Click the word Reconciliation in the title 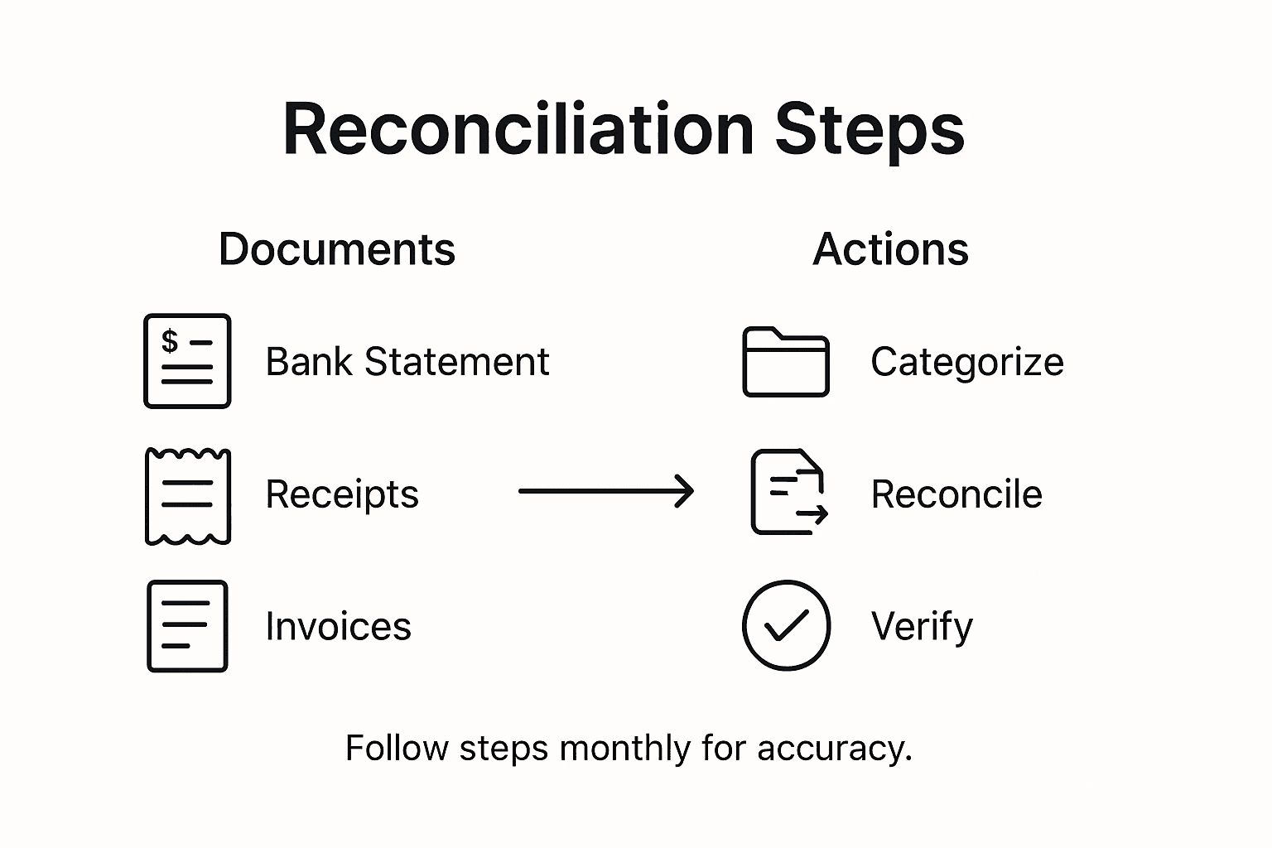[x=518, y=129]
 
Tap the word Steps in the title [x=870, y=129]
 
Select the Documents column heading [x=337, y=249]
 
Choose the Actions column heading [x=890, y=249]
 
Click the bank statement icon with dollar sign [x=187, y=361]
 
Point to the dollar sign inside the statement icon [x=170, y=340]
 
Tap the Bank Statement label [x=407, y=362]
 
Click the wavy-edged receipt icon [x=188, y=496]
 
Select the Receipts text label [x=342, y=494]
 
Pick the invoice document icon [x=187, y=626]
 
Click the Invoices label [x=338, y=627]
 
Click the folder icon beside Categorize [x=786, y=362]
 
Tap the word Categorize [x=966, y=362]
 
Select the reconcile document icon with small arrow [x=788, y=493]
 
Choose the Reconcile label [x=956, y=494]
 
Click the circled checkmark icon [x=786, y=625]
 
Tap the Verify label [x=922, y=627]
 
